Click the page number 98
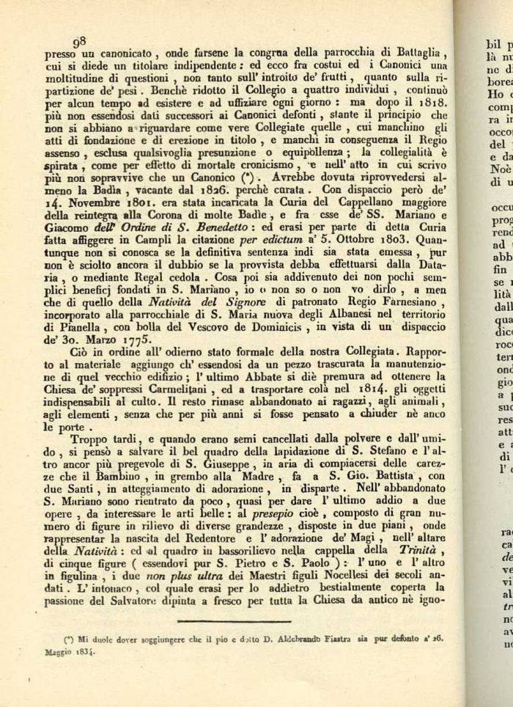(x=80, y=43)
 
